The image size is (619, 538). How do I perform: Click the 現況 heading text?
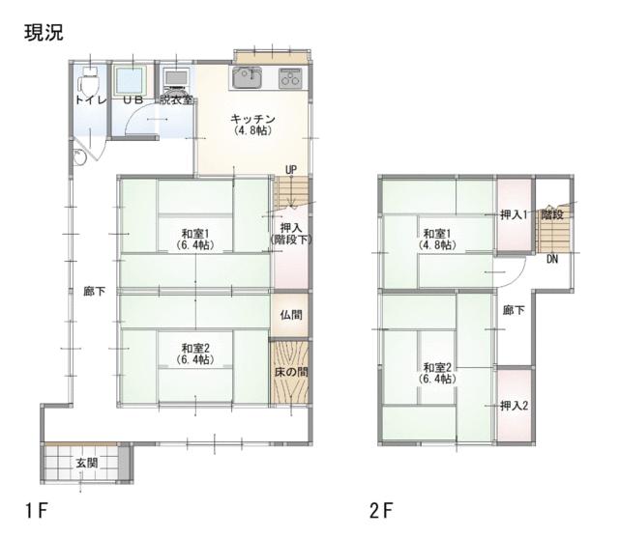44,33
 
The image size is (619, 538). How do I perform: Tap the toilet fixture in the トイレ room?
89,79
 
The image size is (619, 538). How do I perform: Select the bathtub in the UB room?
131,79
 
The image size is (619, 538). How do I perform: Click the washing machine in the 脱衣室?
176,81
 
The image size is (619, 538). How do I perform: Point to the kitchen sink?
247,77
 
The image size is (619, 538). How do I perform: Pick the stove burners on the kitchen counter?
290,78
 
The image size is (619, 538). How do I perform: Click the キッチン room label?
252,125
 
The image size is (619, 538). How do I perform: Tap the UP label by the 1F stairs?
291,170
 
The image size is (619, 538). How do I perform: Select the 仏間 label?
291,315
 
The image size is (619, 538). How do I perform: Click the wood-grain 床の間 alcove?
291,371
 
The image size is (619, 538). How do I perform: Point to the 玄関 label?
86,463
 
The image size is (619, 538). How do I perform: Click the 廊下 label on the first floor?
95,291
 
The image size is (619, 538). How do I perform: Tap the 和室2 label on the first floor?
195,354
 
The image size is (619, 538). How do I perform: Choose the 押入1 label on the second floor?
514,214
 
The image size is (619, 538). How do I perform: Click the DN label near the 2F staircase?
552,259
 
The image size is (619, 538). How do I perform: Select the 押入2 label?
514,406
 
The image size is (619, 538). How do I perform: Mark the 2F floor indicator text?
381,511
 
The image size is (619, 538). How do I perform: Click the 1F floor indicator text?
37,511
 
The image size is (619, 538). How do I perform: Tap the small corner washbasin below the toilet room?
79,157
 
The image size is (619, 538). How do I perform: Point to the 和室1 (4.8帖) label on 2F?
437,240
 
